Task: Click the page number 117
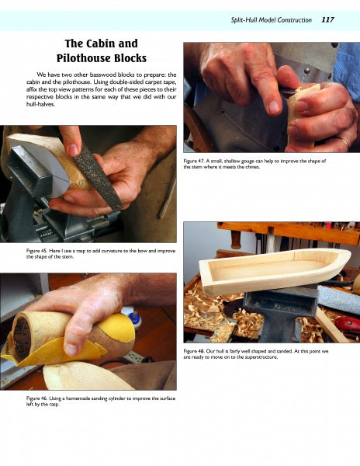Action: pyautogui.click(x=327, y=20)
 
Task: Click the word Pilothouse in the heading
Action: pyautogui.click(x=82, y=58)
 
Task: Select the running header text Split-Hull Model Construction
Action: pyautogui.click(x=272, y=20)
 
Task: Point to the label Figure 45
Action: pyautogui.click(x=36, y=251)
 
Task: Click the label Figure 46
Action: pyautogui.click(x=36, y=398)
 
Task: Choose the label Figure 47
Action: pyautogui.click(x=193, y=161)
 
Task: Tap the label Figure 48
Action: pyautogui.click(x=193, y=351)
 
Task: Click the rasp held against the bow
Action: pyautogui.click(x=98, y=176)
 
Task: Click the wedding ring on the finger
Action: pyautogui.click(x=345, y=141)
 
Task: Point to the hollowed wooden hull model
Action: pyautogui.click(x=275, y=270)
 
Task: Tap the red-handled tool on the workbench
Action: pyautogui.click(x=348, y=323)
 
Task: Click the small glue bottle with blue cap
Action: pyautogui.click(x=133, y=317)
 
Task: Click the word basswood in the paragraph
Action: pyautogui.click(x=103, y=75)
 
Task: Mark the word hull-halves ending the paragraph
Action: pyautogui.click(x=40, y=104)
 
